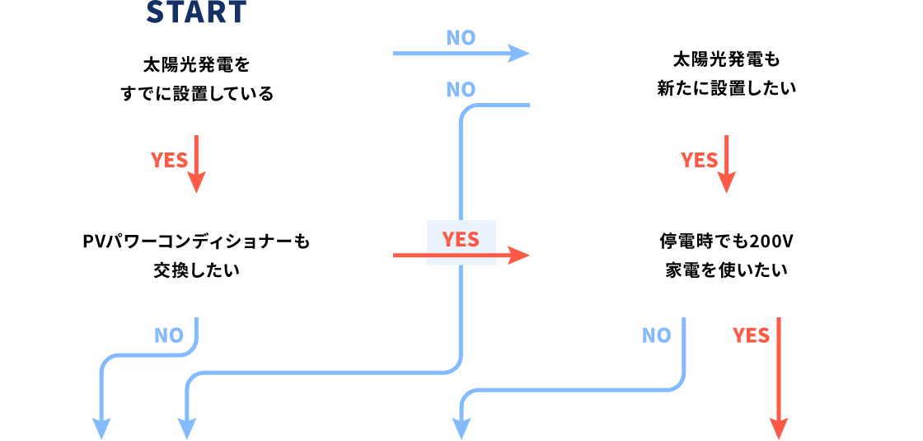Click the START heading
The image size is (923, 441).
click(x=196, y=12)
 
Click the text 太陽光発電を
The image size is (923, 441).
click(x=196, y=63)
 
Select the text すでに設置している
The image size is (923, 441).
click(x=196, y=93)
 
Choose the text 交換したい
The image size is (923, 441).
click(x=196, y=270)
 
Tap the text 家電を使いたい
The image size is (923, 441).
click(x=725, y=270)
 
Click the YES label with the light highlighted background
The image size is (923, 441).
click(x=461, y=239)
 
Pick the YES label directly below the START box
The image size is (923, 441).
click(x=170, y=160)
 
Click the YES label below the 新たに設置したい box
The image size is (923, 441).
click(x=700, y=160)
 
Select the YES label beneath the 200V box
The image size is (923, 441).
click(x=751, y=335)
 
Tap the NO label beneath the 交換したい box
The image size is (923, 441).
click(x=168, y=335)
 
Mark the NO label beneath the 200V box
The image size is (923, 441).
click(x=656, y=335)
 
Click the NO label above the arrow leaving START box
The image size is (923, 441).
click(x=461, y=38)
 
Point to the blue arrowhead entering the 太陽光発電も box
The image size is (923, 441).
click(x=518, y=54)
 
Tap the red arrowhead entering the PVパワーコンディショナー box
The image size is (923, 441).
click(x=196, y=183)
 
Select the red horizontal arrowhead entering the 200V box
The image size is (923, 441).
click(x=518, y=256)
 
